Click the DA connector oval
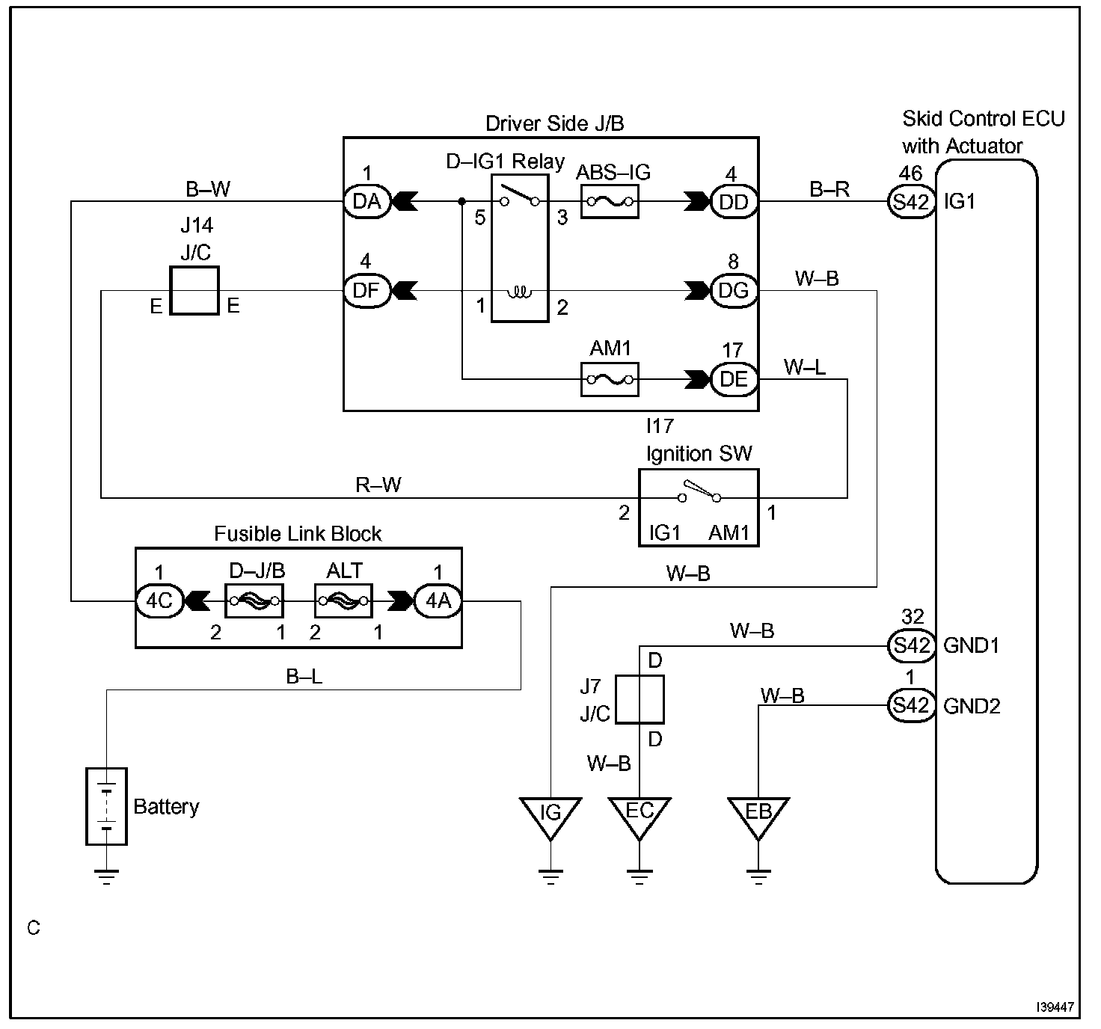click(367, 201)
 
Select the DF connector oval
click(367, 290)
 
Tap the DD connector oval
click(734, 202)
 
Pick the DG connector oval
click(734, 290)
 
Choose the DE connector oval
click(734, 379)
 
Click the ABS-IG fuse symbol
click(610, 202)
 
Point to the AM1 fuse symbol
click(610, 380)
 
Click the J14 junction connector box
click(194, 290)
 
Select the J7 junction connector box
click(640, 699)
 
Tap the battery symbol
click(106, 806)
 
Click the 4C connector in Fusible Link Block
click(159, 601)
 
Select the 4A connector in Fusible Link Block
click(438, 601)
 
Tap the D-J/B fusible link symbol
click(254, 601)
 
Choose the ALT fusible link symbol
click(344, 601)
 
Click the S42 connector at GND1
click(912, 646)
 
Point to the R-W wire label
click(378, 485)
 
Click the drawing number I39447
click(1055, 1007)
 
